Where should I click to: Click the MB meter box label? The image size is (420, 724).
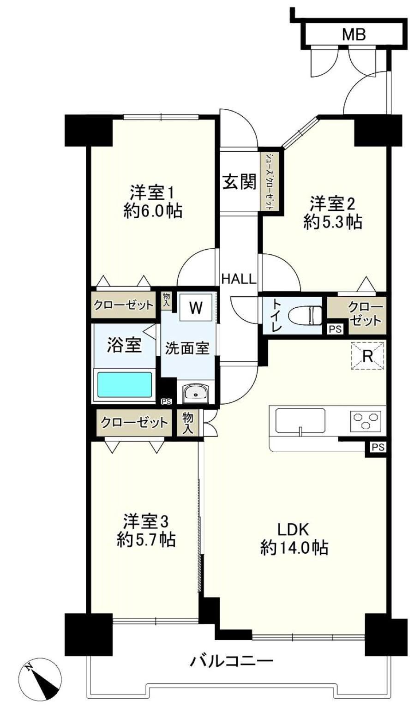tap(354, 35)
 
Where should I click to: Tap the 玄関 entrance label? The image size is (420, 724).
tap(240, 181)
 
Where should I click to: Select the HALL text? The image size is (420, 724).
tap(239, 279)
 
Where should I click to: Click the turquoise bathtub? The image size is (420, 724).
tap(125, 385)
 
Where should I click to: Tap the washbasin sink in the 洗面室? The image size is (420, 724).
tap(195, 393)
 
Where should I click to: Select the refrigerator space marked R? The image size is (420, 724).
tap(368, 356)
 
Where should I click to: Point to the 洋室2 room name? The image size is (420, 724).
tap(333, 204)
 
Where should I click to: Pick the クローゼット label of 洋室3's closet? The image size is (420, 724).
tap(134, 422)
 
